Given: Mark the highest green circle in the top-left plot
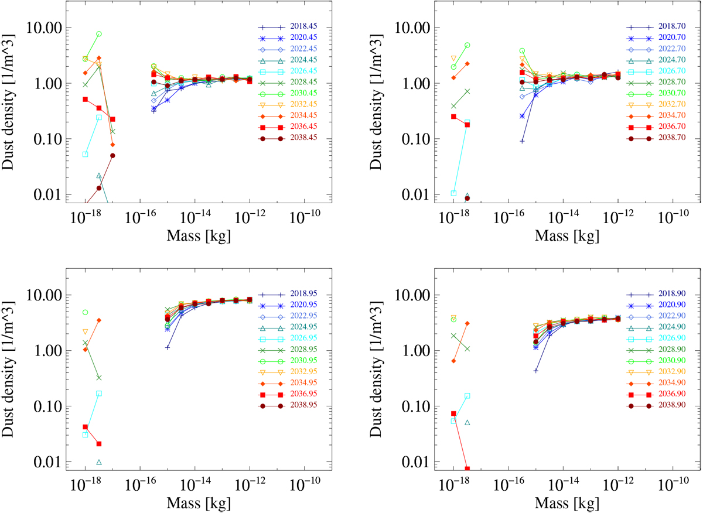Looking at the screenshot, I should [x=99, y=34].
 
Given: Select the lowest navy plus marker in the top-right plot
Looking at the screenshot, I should [x=522, y=141].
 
